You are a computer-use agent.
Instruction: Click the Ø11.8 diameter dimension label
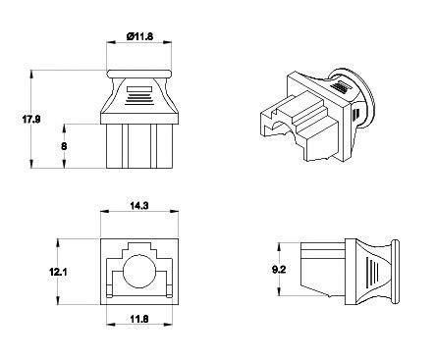pos(139,36)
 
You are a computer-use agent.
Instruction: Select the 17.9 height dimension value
pos(31,120)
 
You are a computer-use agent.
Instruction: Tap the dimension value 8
pos(64,146)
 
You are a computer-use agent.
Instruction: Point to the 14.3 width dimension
pos(139,206)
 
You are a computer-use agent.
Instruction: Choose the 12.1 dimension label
pos(58,272)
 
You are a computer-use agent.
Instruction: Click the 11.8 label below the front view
pos(139,319)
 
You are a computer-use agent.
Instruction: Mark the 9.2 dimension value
pos(279,270)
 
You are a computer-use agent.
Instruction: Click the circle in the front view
pos(138,271)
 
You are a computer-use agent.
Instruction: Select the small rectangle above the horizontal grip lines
pos(139,89)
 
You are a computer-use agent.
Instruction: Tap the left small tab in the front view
pos(109,291)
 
